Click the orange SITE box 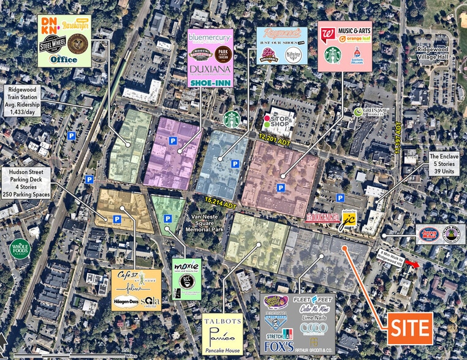pos(409,328)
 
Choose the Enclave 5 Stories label pos(442,164)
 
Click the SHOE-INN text pos(210,80)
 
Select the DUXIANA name pos(210,69)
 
